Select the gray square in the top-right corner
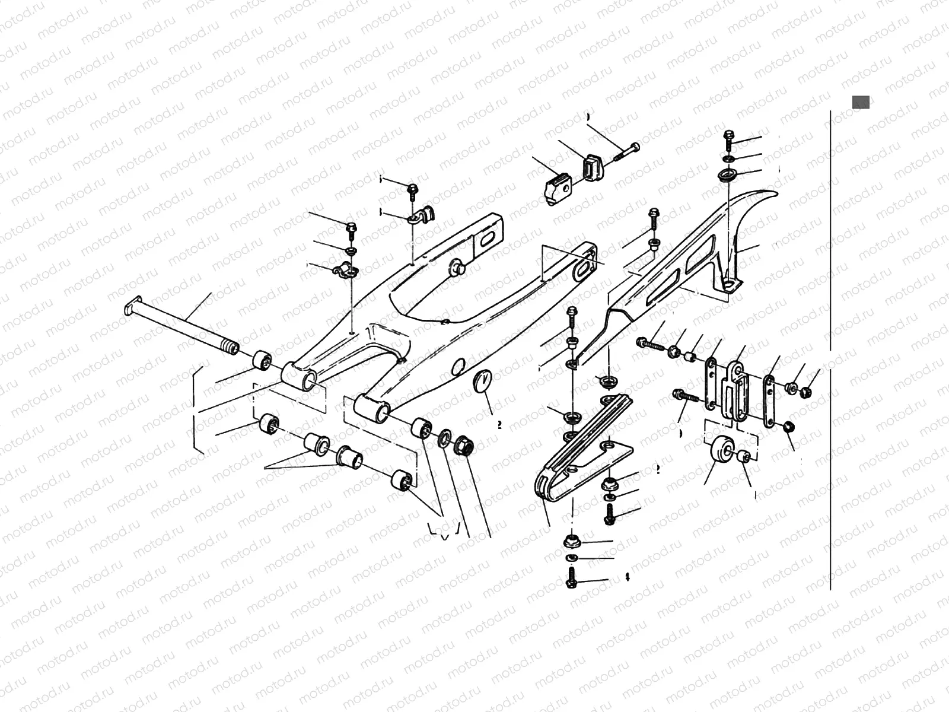(x=861, y=102)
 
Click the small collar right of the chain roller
(x=746, y=456)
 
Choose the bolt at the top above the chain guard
(x=729, y=140)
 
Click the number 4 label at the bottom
(x=627, y=577)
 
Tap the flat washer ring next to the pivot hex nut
(x=442, y=440)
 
